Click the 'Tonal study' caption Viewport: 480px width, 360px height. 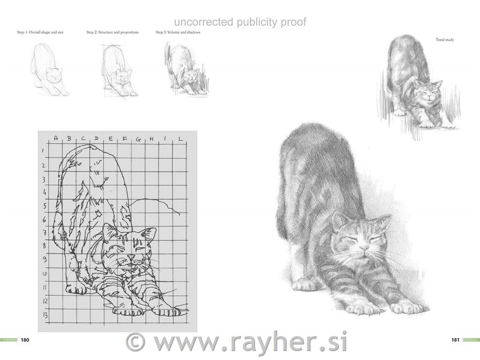[x=444, y=40]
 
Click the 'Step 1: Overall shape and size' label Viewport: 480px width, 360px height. [x=40, y=32]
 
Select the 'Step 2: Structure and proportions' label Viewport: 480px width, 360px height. [x=112, y=32]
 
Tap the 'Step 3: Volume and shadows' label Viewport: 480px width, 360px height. [x=178, y=32]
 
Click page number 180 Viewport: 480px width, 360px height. [x=25, y=340]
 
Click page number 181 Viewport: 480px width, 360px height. [x=455, y=340]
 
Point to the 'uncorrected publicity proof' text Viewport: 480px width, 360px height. [x=240, y=22]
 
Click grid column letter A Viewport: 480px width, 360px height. [x=56, y=138]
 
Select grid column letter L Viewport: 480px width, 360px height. [x=180, y=139]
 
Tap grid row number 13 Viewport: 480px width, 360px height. [x=45, y=315]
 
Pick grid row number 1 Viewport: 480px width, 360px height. [x=43, y=151]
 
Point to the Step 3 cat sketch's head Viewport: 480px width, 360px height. [x=190, y=74]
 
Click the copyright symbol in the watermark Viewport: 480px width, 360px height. [x=136, y=342]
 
